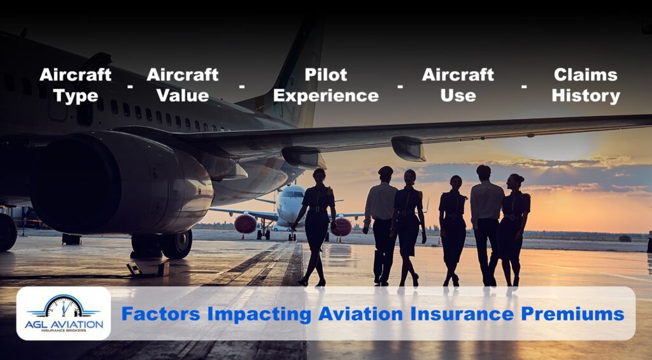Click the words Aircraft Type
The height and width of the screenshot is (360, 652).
[75, 85]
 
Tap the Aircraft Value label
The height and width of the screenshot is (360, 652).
[182, 85]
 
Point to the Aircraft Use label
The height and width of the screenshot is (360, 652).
[458, 85]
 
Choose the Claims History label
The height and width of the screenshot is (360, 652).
[585, 85]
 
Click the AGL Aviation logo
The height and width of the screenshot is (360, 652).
[64, 313]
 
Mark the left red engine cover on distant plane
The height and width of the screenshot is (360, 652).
[246, 224]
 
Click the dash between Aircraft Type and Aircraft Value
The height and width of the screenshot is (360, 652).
[130, 85]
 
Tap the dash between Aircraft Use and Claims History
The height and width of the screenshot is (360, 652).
[523, 85]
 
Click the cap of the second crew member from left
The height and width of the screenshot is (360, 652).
[386, 170]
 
